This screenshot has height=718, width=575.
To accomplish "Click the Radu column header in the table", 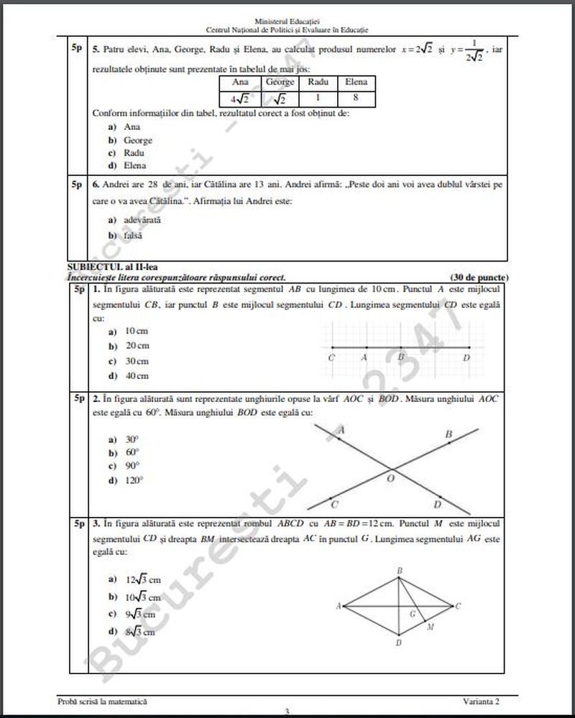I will (318, 83).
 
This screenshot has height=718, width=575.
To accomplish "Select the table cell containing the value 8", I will (356, 98).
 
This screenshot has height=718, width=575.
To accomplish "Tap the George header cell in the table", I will (280, 83).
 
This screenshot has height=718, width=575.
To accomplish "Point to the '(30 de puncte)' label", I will (479, 276).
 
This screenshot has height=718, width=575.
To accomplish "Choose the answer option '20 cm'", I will (137, 346).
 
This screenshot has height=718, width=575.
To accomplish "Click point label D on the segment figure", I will (466, 358).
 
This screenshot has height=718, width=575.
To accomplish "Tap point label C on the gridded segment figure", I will (331, 358).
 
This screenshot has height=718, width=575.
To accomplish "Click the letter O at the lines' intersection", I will (391, 477).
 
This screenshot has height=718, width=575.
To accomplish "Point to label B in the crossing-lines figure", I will (448, 434).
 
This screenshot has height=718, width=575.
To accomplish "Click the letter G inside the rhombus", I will (412, 615).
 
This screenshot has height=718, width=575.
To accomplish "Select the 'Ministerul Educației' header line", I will (287, 22).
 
